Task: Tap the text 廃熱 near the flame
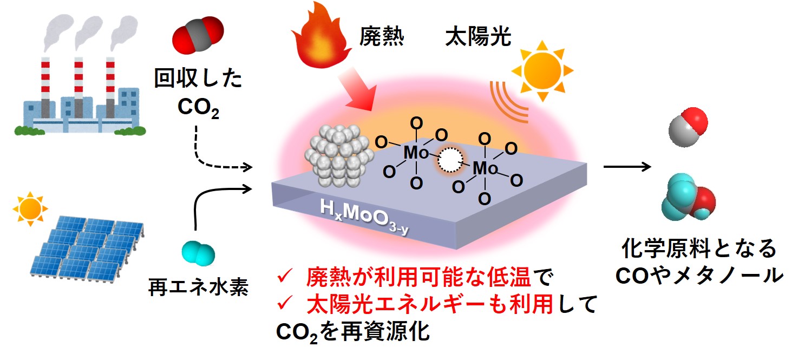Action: pyautogui.click(x=382, y=37)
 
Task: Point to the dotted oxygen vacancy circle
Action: pyautogui.click(x=449, y=161)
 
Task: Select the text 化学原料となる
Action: pyautogui.click(x=699, y=250)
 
